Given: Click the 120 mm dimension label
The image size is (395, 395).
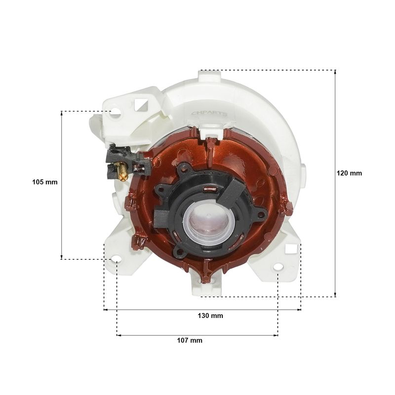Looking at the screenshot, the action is pyautogui.click(x=349, y=173).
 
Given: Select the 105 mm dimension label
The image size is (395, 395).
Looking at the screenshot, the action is pyautogui.click(x=45, y=182).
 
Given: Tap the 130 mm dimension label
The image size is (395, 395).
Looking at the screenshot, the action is pyautogui.click(x=210, y=316).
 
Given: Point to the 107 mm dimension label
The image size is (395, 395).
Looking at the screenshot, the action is pyautogui.click(x=190, y=340).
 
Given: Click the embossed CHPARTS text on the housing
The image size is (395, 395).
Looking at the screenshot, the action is pyautogui.click(x=209, y=114).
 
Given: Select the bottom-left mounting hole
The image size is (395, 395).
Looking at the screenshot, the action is pyautogui.click(x=116, y=259).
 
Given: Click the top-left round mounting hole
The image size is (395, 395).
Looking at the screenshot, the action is pyautogui.click(x=116, y=112).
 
